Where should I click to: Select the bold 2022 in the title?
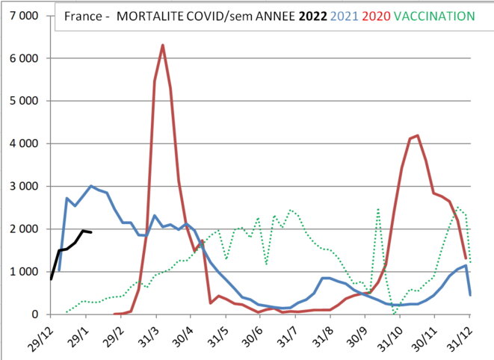pyautogui.click(x=311, y=16)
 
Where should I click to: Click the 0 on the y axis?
pyautogui.click(x=35, y=314)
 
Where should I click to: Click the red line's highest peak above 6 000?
pyautogui.click(x=163, y=46)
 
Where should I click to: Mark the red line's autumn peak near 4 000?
pyautogui.click(x=417, y=136)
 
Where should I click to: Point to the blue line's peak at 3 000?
pyautogui.click(x=90, y=186)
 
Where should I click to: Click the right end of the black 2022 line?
pyautogui.click(x=90, y=232)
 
